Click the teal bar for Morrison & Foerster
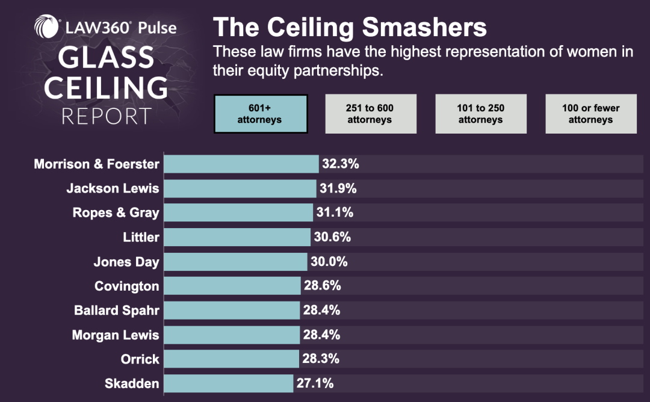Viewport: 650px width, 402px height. (x=241, y=164)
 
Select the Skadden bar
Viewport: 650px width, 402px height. (x=229, y=383)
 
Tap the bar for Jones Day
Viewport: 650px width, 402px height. (x=235, y=262)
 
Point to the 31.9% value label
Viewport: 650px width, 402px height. (x=338, y=188)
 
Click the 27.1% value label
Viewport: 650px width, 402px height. (x=315, y=383)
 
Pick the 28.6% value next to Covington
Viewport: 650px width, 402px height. (x=323, y=286)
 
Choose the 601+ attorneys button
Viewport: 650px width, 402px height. (x=261, y=114)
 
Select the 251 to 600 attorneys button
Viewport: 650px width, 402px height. (x=370, y=114)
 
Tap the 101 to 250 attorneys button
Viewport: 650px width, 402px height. (x=481, y=114)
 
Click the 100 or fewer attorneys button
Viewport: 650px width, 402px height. (x=591, y=114)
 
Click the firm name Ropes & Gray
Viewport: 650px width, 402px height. (x=116, y=212)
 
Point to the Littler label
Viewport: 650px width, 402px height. (x=141, y=237)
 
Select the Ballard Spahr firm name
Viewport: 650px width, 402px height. (x=116, y=311)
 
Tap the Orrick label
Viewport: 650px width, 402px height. (x=140, y=359)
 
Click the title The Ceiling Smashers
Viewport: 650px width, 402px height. (x=350, y=28)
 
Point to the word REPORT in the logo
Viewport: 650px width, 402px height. (x=107, y=116)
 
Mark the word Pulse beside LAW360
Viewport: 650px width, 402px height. (x=155, y=28)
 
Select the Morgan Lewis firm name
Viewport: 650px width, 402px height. (x=116, y=335)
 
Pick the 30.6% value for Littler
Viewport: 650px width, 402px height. (x=332, y=237)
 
